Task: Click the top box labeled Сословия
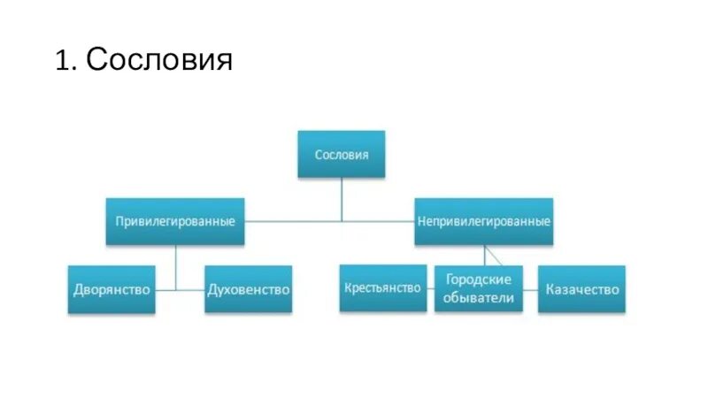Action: [342, 154]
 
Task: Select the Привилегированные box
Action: [175, 220]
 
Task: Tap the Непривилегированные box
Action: [483, 220]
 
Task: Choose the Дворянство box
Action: [112, 289]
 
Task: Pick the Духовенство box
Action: [248, 289]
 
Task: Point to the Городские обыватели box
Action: [479, 288]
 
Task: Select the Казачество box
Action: [581, 288]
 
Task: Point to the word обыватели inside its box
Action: [479, 298]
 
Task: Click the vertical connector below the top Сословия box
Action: [342, 199]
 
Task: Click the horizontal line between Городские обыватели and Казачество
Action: [529, 289]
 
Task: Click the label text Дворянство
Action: [112, 289]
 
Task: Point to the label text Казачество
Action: [581, 288]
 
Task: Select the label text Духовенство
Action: [248, 289]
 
